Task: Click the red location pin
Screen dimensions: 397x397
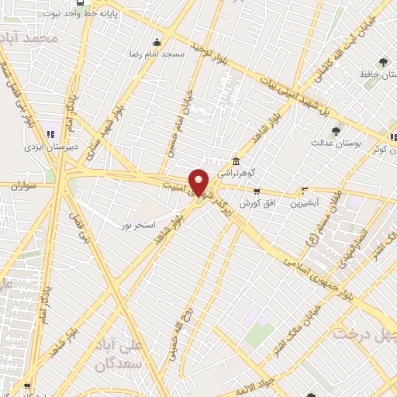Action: [199, 181]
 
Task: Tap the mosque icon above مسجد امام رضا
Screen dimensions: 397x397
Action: [157, 42]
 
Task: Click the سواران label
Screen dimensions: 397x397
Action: [26, 186]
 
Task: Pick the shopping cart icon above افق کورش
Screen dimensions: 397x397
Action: [256, 190]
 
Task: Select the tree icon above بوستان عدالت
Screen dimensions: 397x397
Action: [335, 130]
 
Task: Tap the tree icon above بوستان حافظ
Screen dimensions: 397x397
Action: [381, 61]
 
